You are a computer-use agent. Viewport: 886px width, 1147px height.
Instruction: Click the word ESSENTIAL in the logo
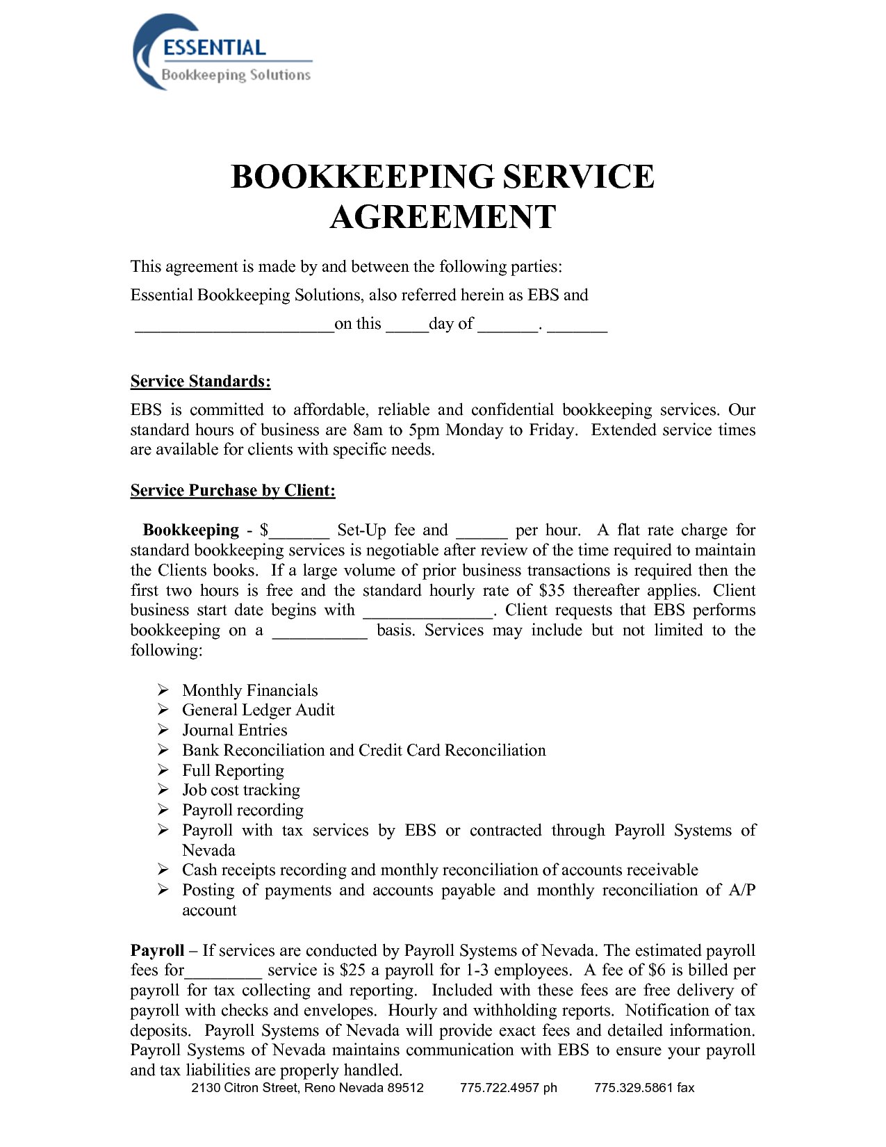[x=214, y=47]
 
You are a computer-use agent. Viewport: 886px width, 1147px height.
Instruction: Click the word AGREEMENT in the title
[x=443, y=217]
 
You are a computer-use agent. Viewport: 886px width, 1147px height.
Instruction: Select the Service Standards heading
[x=200, y=381]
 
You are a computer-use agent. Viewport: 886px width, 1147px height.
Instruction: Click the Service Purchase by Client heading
[x=233, y=490]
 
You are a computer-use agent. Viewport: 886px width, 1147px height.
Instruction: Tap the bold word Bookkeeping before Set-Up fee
[x=190, y=530]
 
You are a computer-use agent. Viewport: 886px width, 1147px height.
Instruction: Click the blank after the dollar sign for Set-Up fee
[x=299, y=532]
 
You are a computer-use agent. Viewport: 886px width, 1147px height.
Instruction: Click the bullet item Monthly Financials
[x=249, y=690]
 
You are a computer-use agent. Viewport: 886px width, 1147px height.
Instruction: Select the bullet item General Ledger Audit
[x=258, y=710]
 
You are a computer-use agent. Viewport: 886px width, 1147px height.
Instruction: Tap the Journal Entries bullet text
[x=234, y=730]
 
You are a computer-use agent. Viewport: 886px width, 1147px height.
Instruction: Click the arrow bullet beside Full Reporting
[x=163, y=770]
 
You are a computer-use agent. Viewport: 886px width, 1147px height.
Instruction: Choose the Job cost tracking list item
[x=240, y=790]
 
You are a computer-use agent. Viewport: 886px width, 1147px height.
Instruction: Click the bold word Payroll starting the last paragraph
[x=157, y=950]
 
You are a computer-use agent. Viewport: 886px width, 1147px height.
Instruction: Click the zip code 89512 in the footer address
[x=405, y=1087]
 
